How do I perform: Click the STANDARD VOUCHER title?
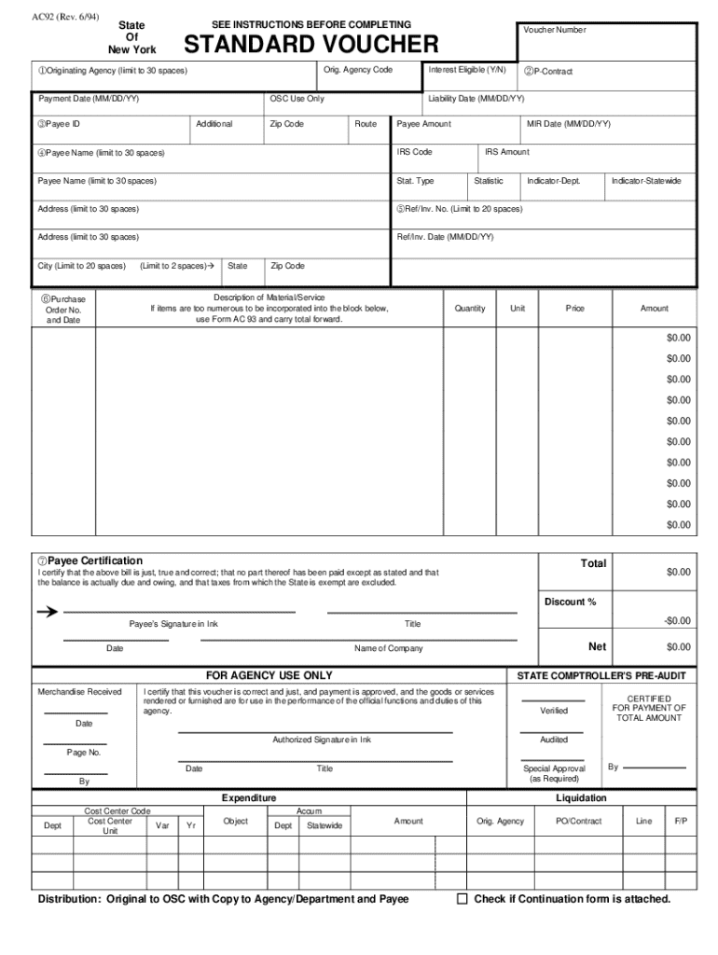tap(311, 44)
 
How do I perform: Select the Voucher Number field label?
tap(554, 30)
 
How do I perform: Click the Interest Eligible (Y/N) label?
tap(467, 71)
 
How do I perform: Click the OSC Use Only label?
tap(297, 99)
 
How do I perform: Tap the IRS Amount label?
tap(507, 152)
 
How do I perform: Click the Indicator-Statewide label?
tap(646, 181)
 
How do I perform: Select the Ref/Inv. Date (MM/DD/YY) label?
tap(445, 237)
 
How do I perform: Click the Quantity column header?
tap(470, 308)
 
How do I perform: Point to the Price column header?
tap(575, 308)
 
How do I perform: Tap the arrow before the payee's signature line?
tap(46, 612)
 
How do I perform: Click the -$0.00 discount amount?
tap(677, 621)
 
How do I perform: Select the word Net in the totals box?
tap(597, 646)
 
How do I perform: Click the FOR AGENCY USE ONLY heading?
tap(269, 675)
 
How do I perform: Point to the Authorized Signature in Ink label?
tap(322, 740)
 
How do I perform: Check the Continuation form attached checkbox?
tap(462, 899)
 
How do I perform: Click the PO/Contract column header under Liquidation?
tap(578, 822)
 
